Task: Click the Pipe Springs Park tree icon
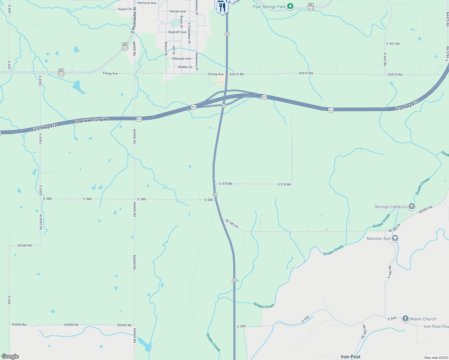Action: pyautogui.click(x=290, y=6)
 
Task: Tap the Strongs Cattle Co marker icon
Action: pyautogui.click(x=412, y=206)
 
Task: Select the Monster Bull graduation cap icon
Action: pyautogui.click(x=395, y=238)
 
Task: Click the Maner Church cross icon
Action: pyautogui.click(x=405, y=319)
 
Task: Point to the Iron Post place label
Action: pyautogui.click(x=351, y=357)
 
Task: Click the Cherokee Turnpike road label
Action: pyautogui.click(x=92, y=120)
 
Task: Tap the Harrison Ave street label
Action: pyautogui.click(x=147, y=3)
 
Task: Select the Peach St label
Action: pyautogui.click(x=125, y=9)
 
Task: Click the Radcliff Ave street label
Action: pyautogui.click(x=177, y=32)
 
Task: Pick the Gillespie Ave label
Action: pyautogui.click(x=181, y=59)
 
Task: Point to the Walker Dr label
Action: pyautogui.click(x=185, y=67)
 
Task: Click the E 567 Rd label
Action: pyautogui.click(x=393, y=44)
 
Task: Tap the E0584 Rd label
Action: pyautogui.click(x=25, y=245)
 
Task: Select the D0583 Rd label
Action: pyautogui.click(x=426, y=209)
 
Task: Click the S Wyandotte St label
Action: pyautogui.click(x=134, y=20)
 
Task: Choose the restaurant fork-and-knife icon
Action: pyautogui.click(x=222, y=7)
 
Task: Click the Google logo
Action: pyautogui.click(x=10, y=356)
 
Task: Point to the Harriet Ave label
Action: pyautogui.click(x=177, y=11)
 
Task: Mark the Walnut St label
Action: pyautogui.click(x=166, y=49)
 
